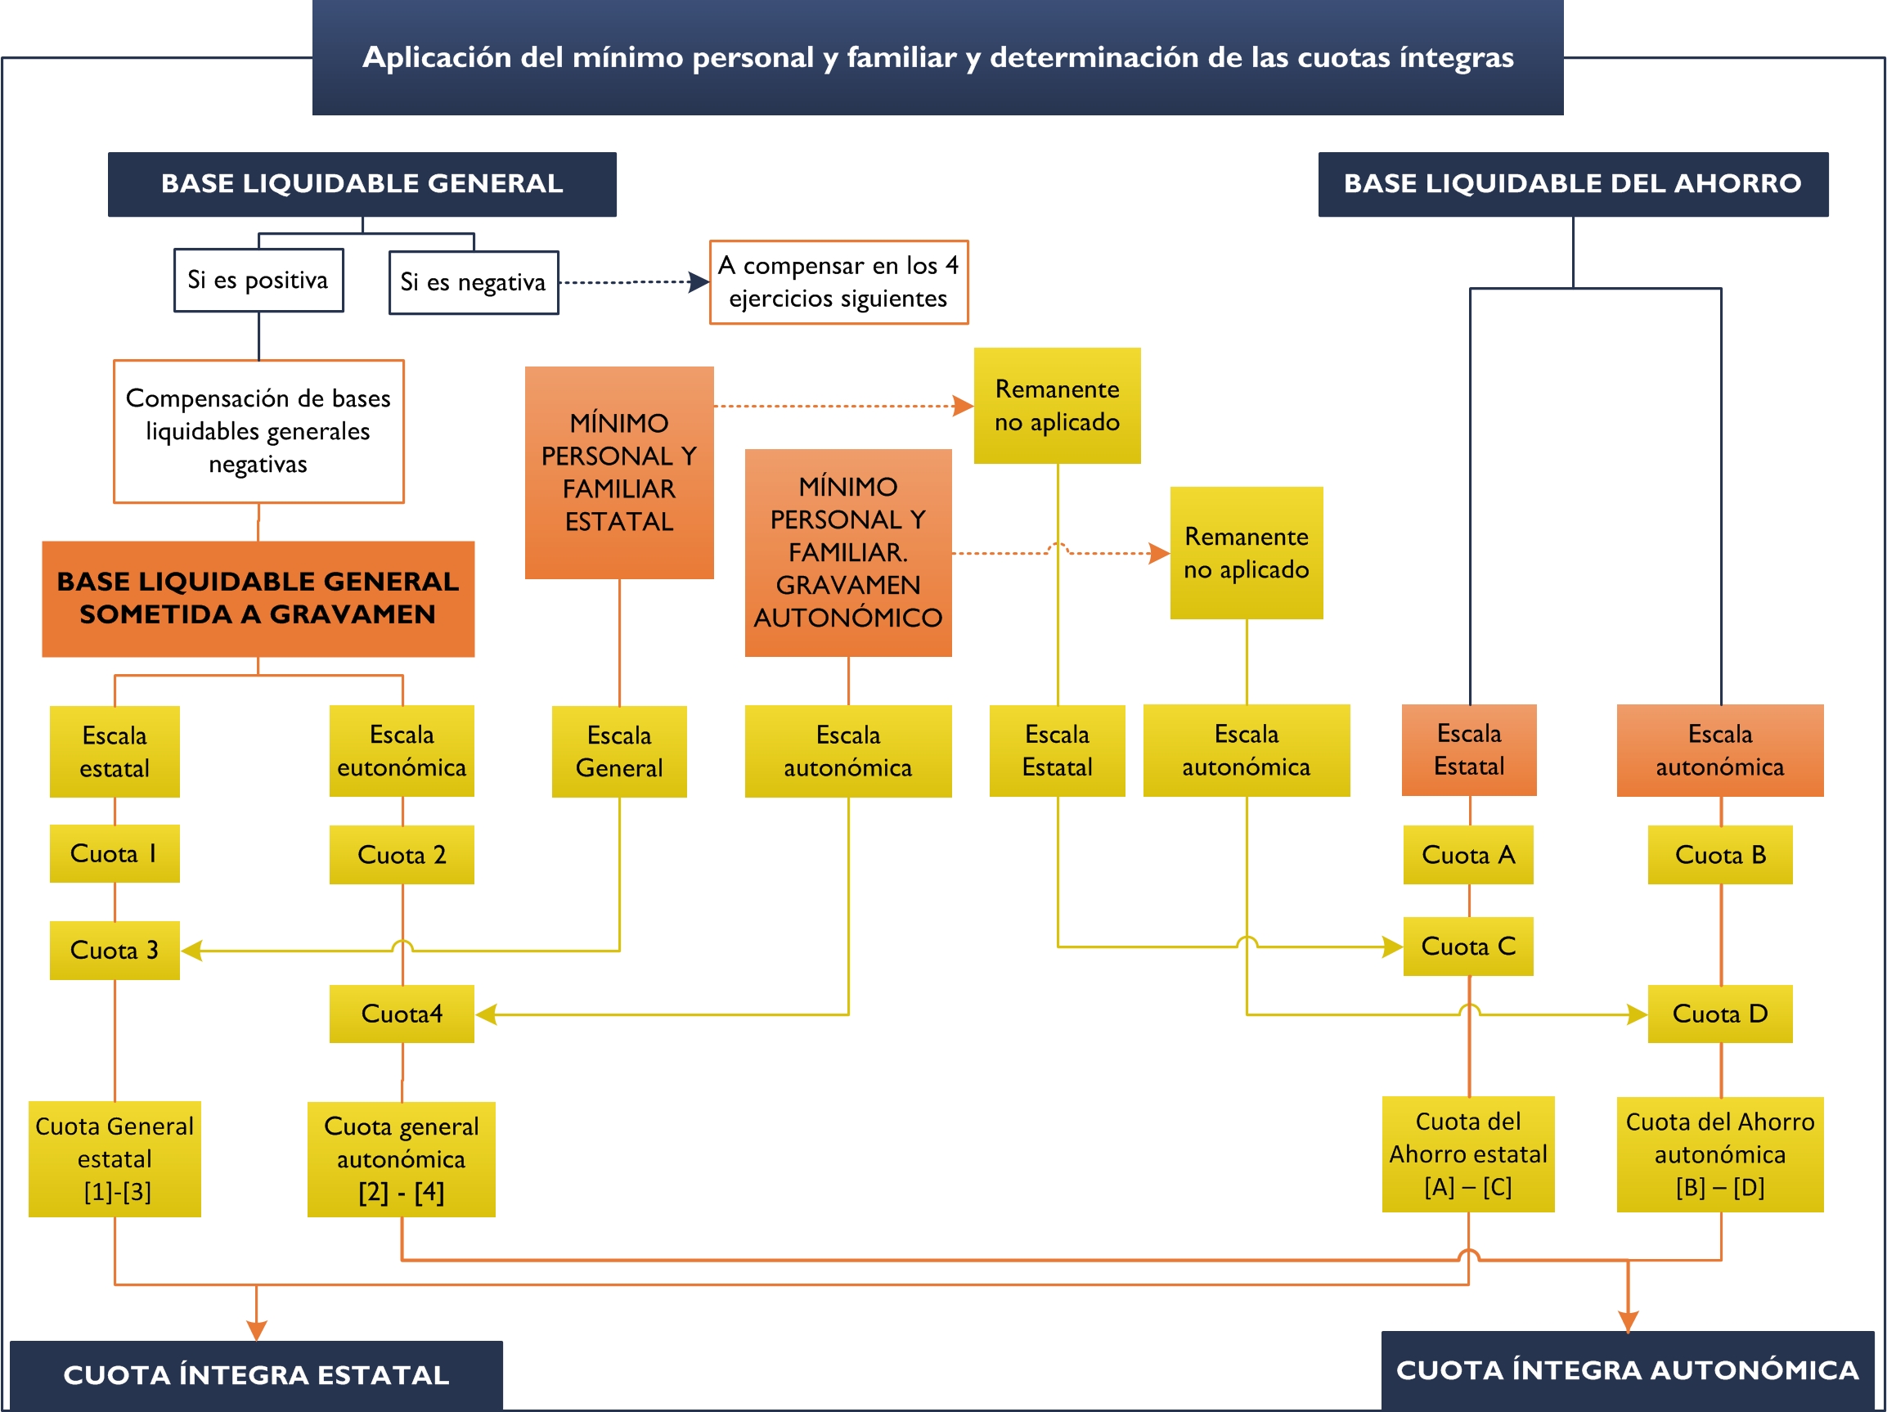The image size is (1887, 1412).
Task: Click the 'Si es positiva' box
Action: click(258, 280)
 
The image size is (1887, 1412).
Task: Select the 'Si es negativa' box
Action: click(474, 282)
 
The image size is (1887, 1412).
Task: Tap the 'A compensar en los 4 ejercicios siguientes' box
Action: click(838, 282)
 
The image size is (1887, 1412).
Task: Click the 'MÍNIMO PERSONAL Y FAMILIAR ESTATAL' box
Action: click(619, 472)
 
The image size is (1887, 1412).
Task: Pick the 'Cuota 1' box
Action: click(115, 853)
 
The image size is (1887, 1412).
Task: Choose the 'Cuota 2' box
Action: click(402, 855)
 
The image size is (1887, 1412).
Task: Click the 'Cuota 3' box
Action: click(115, 950)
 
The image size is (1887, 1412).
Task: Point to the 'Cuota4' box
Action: click(402, 1014)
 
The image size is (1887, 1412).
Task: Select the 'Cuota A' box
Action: click(1468, 855)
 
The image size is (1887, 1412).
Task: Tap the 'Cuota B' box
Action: click(1720, 855)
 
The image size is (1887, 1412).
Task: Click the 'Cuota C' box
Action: click(1468, 947)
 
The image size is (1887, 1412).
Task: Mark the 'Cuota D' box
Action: click(1720, 1014)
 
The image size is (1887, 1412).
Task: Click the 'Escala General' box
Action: click(619, 752)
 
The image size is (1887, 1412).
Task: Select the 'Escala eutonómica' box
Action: click(402, 751)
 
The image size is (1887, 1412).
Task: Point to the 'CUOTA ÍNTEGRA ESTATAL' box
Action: click(256, 1374)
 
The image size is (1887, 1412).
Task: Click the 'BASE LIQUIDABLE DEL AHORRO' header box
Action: click(1573, 183)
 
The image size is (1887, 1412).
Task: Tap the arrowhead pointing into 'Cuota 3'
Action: click(192, 951)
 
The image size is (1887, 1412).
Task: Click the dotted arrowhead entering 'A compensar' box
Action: click(699, 282)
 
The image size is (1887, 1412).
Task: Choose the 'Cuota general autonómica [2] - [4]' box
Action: click(401, 1158)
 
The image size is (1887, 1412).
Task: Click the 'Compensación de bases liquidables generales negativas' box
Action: click(258, 431)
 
